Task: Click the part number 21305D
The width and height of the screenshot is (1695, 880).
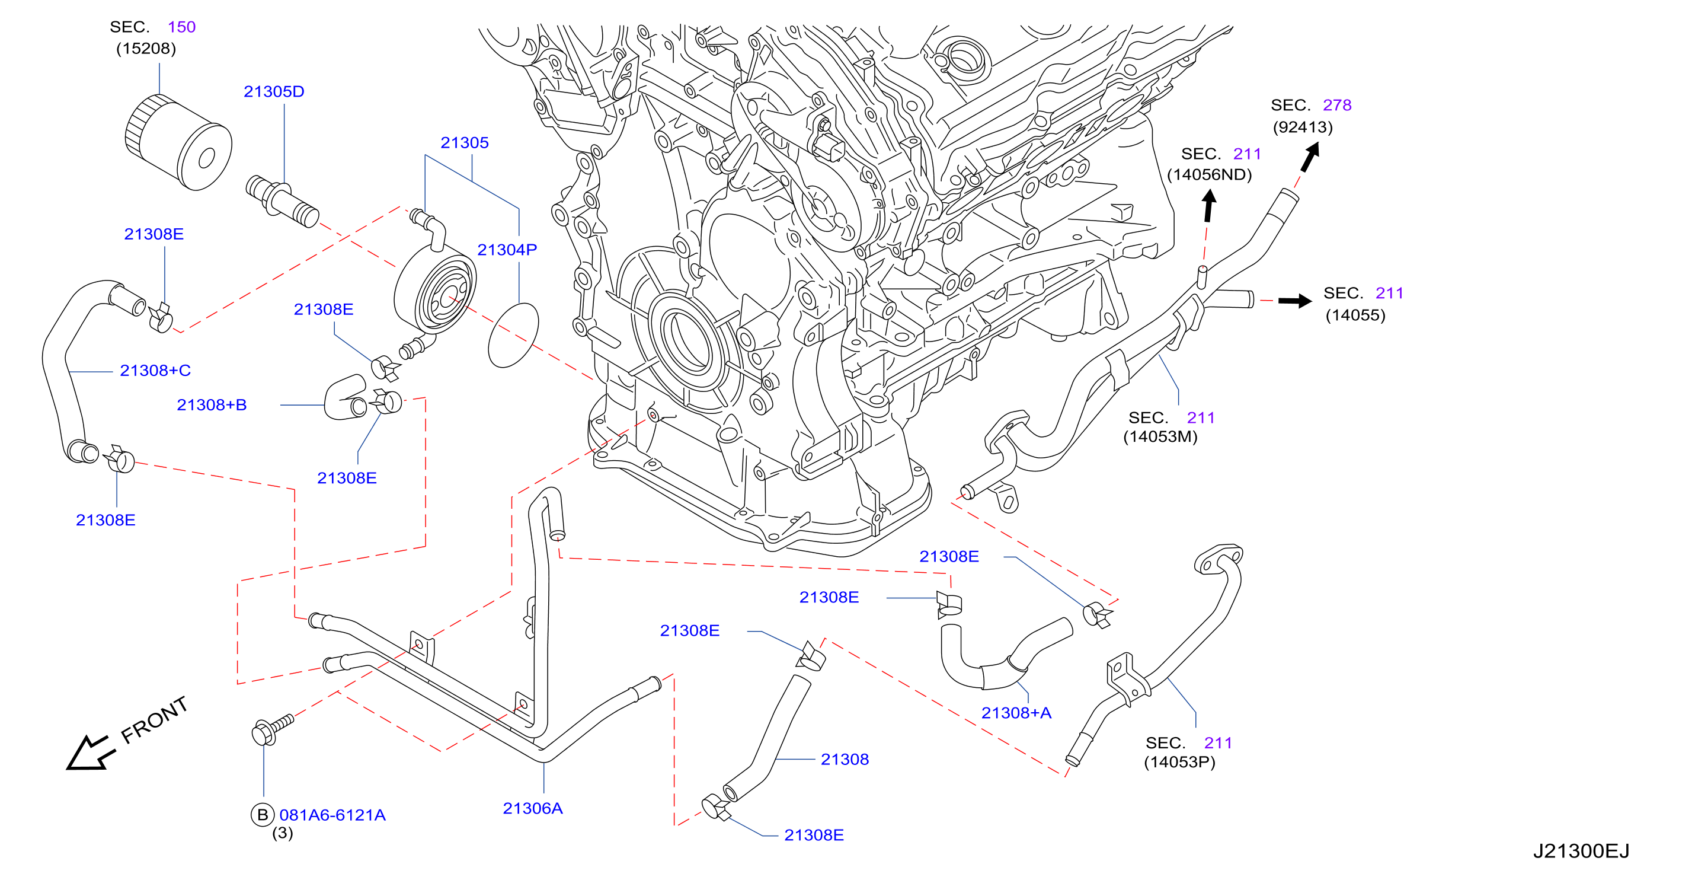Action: coord(274,91)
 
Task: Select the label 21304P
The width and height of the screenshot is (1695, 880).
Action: coord(507,250)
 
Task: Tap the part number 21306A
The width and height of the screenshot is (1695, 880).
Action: coord(532,808)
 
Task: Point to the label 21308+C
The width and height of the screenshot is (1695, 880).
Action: coord(155,371)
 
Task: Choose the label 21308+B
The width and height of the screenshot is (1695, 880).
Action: coord(212,405)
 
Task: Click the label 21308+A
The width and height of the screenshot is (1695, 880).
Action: coord(1016,713)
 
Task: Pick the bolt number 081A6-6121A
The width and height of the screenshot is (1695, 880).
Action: coord(332,815)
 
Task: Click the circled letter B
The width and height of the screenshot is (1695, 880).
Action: coord(263,815)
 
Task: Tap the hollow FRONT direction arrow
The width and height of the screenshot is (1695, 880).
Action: coord(89,753)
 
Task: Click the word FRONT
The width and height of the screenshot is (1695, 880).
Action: coord(155,720)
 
